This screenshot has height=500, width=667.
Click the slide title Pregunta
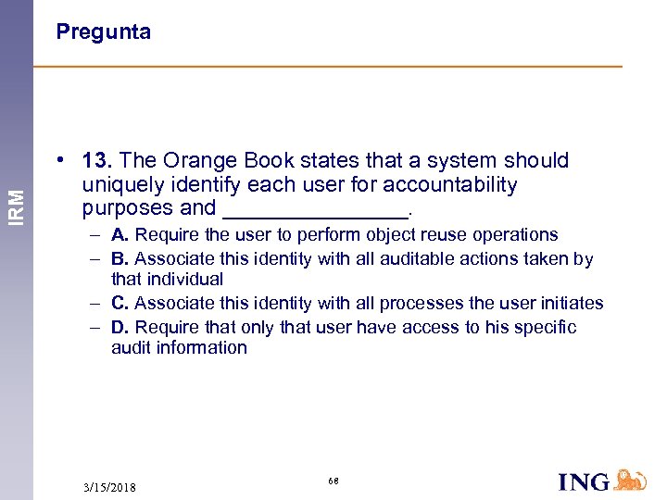click(x=103, y=32)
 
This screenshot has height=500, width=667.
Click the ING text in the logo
click(x=585, y=481)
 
